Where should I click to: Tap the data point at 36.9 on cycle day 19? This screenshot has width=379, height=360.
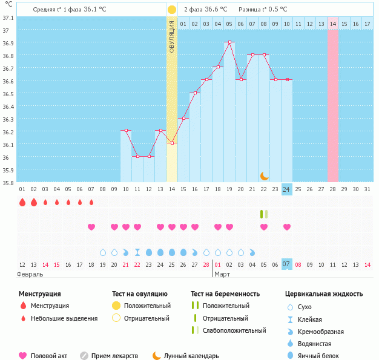pyautogui.click(x=229, y=42)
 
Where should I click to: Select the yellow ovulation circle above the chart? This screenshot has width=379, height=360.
pyautogui.click(x=172, y=10)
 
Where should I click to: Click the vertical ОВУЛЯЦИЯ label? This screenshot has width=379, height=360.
pyautogui.click(x=172, y=36)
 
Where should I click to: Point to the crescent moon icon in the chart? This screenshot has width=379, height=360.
pyautogui.click(x=264, y=175)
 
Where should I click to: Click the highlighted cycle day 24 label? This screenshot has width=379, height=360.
pyautogui.click(x=287, y=189)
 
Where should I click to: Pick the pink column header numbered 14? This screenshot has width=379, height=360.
pyautogui.click(x=333, y=23)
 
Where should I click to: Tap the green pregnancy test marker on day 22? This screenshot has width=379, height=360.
pyautogui.click(x=264, y=214)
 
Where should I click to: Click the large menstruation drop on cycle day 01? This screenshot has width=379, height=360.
pyautogui.click(x=22, y=202)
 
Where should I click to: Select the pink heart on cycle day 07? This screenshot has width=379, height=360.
pyautogui.click(x=91, y=227)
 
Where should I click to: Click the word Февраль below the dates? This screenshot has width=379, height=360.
pyautogui.click(x=30, y=274)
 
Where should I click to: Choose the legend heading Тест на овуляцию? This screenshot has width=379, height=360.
pyautogui.click(x=141, y=293)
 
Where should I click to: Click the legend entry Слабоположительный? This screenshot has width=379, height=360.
pyautogui.click(x=234, y=330)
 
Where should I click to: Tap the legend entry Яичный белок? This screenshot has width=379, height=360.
pyautogui.click(x=323, y=356)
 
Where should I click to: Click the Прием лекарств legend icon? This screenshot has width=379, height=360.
pyautogui.click(x=84, y=356)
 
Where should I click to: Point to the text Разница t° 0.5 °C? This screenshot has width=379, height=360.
pyautogui.click(x=263, y=10)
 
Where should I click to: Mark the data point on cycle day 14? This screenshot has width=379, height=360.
pyautogui.click(x=172, y=143)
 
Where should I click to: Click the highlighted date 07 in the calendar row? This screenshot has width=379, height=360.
pyautogui.click(x=287, y=264)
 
